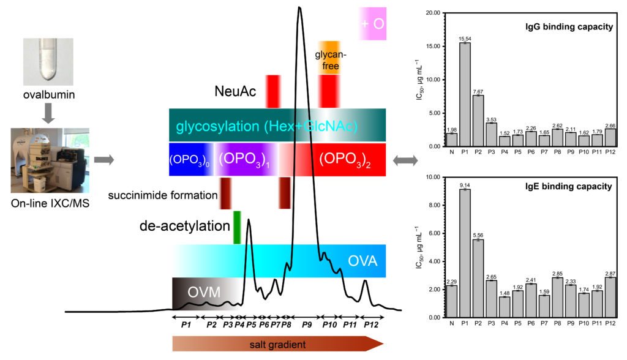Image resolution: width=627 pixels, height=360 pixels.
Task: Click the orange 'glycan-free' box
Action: [331, 61]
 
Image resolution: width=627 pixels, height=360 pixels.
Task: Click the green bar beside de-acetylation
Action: [237, 227]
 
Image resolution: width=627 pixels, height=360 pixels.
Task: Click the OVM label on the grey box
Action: [204, 292]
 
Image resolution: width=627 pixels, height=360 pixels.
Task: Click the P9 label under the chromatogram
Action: [307, 325]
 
